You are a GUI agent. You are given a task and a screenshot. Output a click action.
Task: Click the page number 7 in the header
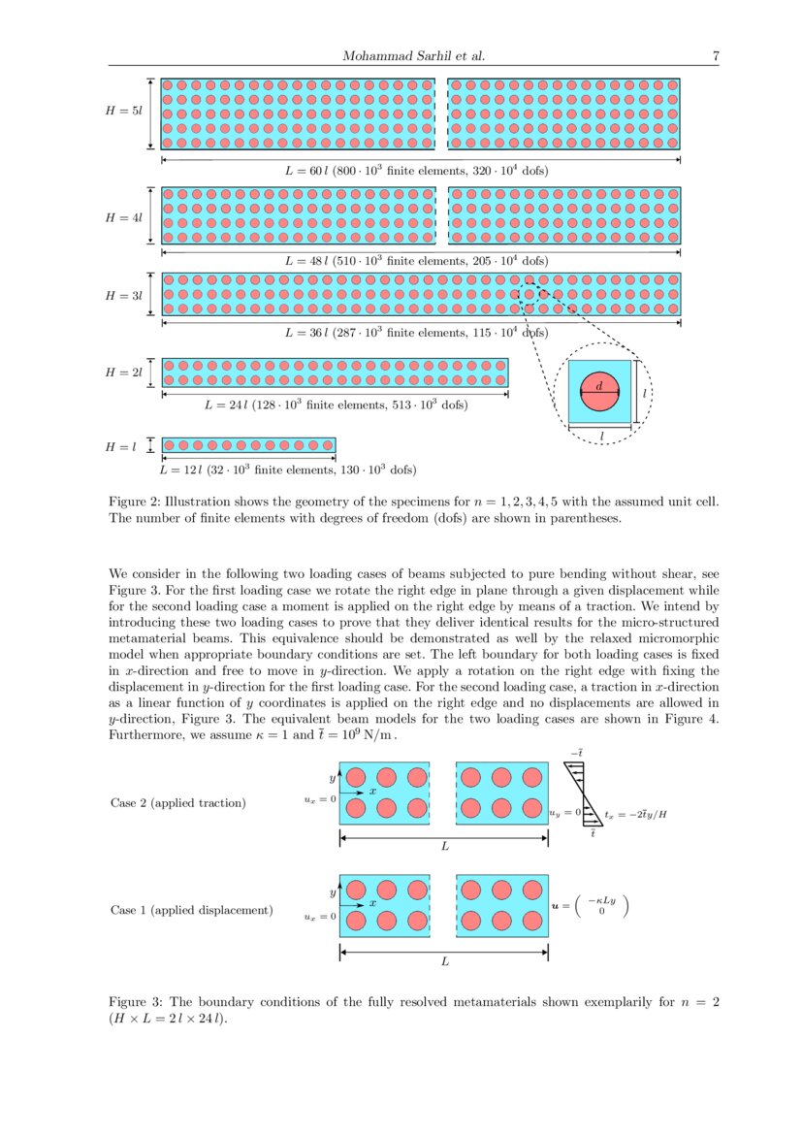pyautogui.click(x=715, y=56)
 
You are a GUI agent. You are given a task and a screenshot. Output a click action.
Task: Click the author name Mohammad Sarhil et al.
pyautogui.click(x=413, y=56)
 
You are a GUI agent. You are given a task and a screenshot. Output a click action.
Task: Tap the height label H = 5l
pyautogui.click(x=123, y=113)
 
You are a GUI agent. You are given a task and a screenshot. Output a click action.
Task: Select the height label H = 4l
pyautogui.click(x=123, y=217)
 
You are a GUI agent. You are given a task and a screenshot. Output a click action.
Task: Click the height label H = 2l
pyautogui.click(x=123, y=373)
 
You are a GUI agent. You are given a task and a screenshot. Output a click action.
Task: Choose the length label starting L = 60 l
pyautogui.click(x=416, y=171)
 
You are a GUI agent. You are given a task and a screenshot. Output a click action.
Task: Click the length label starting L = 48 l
pyautogui.click(x=416, y=261)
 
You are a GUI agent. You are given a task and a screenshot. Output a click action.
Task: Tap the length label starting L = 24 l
pyautogui.click(x=336, y=405)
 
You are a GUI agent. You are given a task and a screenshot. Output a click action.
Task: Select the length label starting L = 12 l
pyautogui.click(x=287, y=470)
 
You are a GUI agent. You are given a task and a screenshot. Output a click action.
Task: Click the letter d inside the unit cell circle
pyautogui.click(x=598, y=386)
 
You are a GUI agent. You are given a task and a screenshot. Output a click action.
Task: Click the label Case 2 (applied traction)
pyautogui.click(x=177, y=802)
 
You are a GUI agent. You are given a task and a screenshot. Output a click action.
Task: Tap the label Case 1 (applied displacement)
pyautogui.click(x=191, y=910)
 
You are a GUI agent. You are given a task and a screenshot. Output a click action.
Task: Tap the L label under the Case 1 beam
pyautogui.click(x=444, y=962)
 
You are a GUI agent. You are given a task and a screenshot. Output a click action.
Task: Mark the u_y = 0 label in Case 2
pyautogui.click(x=564, y=813)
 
